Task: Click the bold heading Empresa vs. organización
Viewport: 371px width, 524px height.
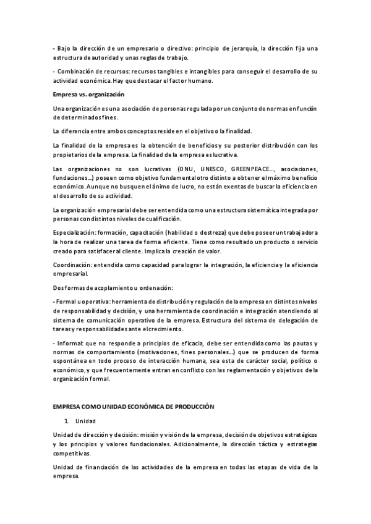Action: pyautogui.click(x=89, y=95)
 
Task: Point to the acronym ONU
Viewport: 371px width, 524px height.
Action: pyautogui.click(x=184, y=169)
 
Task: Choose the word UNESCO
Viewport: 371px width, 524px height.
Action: pyautogui.click(x=210, y=169)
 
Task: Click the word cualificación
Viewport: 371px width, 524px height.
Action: pyautogui.click(x=158, y=219)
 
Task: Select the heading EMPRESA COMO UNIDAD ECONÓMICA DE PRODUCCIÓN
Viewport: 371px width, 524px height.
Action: pyautogui.click(x=134, y=407)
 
